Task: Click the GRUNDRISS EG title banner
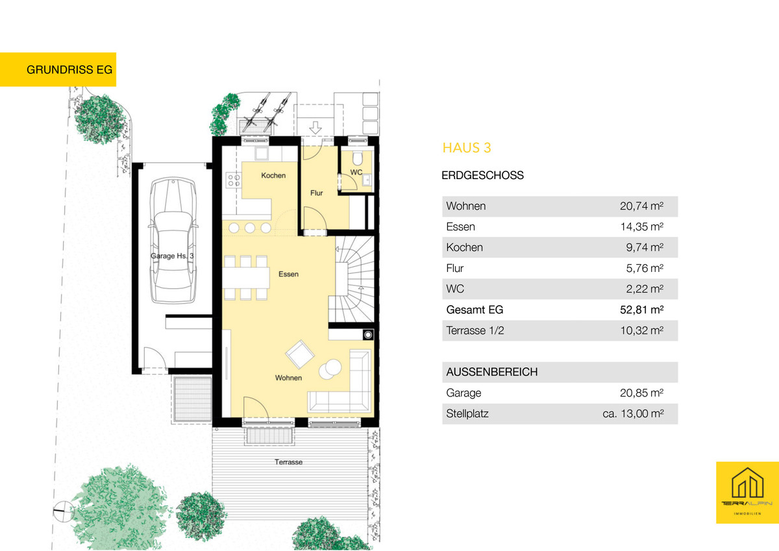pos(58,69)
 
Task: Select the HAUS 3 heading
pos(467,148)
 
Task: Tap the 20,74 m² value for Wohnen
pos(641,206)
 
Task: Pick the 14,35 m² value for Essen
pos(642,227)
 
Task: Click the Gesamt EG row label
pos(475,310)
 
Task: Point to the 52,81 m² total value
pos(641,310)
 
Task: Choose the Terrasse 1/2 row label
pos(475,330)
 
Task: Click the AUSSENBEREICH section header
pos(492,372)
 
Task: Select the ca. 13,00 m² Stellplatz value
pos(633,413)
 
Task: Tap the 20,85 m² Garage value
pos(641,393)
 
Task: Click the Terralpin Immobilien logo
pos(747,493)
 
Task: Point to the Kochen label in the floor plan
pos(273,176)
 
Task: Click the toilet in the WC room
pos(357,158)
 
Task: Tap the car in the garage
pos(173,240)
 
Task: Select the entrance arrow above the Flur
pos(315,128)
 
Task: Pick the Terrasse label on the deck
pos(288,462)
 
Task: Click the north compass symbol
pos(64,511)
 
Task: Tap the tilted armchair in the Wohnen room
pos(300,354)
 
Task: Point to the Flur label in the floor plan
pos(317,193)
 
